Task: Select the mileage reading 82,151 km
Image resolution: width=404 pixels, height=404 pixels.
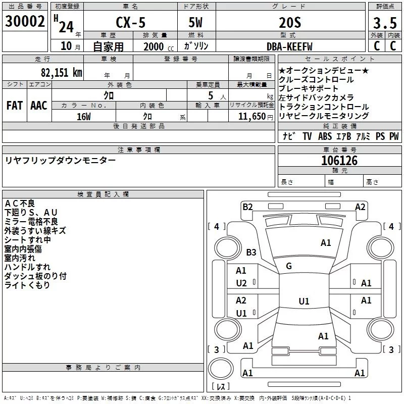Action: coord(62,72)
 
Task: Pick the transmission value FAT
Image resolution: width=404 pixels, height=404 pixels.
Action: coord(15,105)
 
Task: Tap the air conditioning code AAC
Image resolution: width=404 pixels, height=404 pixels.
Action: coord(38,105)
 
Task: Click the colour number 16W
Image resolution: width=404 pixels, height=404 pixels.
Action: coord(84,116)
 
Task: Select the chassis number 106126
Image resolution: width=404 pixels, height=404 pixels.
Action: coord(339,161)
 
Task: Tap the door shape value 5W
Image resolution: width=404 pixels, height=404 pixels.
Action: coord(195,23)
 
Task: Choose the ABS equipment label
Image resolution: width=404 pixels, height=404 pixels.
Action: coord(325,136)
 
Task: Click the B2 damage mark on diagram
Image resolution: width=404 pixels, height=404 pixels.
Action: coord(247,206)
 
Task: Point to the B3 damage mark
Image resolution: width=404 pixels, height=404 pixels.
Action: coord(251,252)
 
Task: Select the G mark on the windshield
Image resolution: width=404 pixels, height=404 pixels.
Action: coord(289,266)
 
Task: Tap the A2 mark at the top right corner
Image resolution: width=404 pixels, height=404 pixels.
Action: coord(360,206)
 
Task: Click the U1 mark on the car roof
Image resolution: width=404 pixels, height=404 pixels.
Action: coord(304,301)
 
